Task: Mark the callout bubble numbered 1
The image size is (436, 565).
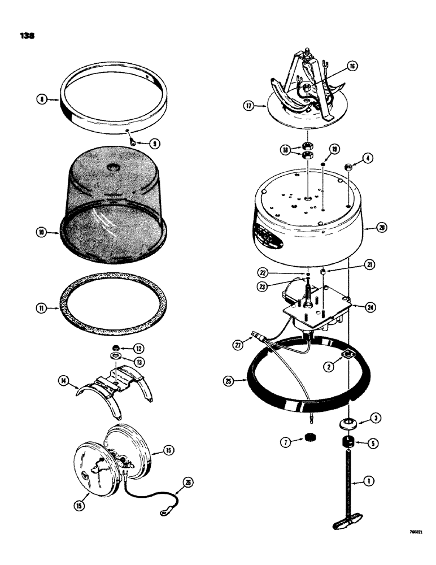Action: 368,482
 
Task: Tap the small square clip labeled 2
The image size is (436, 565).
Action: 349,355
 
